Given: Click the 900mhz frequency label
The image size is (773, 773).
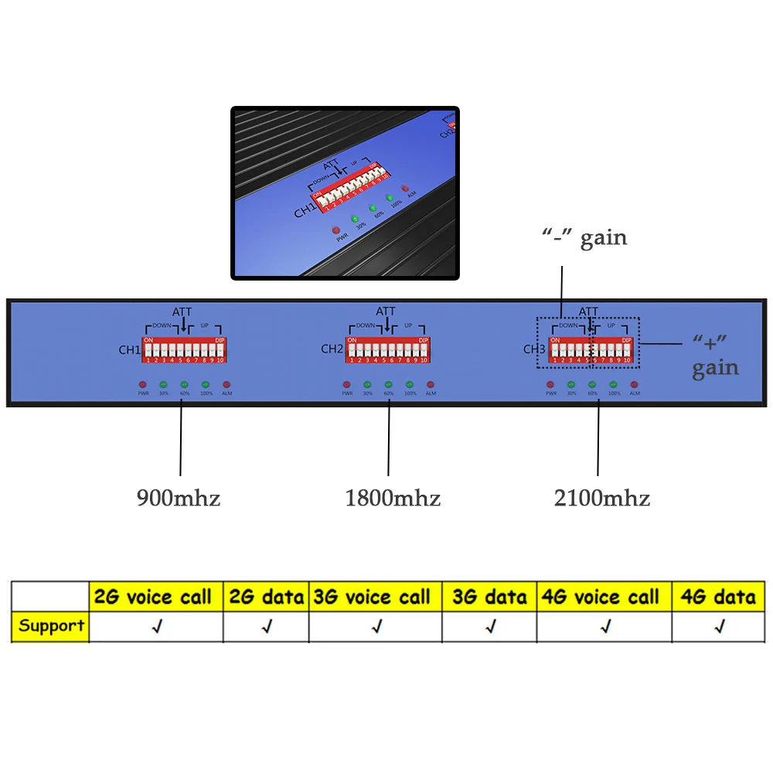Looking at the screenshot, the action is (179, 498).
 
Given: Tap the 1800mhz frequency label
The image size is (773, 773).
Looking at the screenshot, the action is (393, 498).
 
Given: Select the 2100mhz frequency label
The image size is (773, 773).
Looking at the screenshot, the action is (602, 498).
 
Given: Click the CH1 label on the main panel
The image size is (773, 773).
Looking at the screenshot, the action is (128, 349).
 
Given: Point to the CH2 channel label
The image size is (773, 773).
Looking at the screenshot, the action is (332, 349).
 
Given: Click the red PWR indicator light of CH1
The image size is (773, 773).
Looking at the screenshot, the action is (142, 384).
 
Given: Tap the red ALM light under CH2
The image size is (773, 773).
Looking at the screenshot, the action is (431, 384).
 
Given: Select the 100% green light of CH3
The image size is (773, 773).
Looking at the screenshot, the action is (614, 384).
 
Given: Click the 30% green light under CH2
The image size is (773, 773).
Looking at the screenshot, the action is (367, 384).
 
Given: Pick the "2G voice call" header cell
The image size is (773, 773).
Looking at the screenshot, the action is (152, 597).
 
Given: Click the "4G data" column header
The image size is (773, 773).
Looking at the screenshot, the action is (719, 597).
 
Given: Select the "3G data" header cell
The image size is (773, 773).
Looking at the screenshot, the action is (489, 597).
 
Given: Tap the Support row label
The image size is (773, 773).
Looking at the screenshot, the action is (52, 625).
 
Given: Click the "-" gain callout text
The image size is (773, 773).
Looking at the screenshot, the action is (584, 238).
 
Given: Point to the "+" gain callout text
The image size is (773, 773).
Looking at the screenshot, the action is (715, 356).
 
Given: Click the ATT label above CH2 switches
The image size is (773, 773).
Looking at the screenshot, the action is (386, 312).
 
